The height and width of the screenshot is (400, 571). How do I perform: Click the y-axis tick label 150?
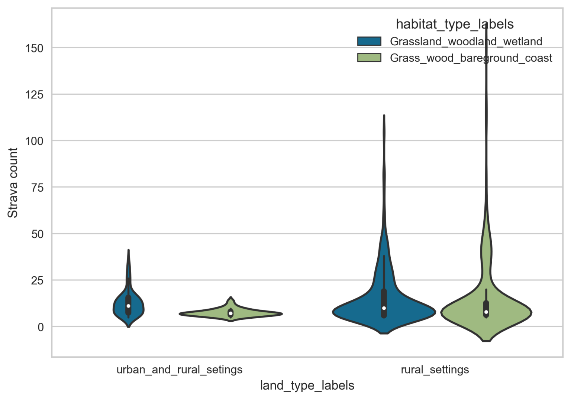tap(34, 48)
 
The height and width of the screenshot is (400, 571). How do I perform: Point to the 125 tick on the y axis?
tap(34, 95)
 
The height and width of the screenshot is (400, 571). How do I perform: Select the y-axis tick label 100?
tap(34, 141)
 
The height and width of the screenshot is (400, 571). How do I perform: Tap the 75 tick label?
tap(37, 188)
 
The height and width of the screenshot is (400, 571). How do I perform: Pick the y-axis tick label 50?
tap(37, 234)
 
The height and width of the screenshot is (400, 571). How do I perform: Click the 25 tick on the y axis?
tap(37, 280)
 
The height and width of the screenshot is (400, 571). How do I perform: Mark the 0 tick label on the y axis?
tap(41, 327)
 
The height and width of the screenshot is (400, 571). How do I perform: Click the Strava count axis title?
tap(13, 183)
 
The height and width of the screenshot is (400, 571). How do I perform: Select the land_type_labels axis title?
tap(307, 386)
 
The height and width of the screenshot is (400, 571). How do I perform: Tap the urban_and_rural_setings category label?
tap(180, 370)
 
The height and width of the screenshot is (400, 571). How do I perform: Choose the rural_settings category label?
tap(435, 370)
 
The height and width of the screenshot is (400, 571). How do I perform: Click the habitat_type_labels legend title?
tap(455, 24)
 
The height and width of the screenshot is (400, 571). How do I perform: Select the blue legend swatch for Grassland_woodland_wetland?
tap(369, 41)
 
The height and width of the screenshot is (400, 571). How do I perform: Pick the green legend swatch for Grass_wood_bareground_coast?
tap(369, 58)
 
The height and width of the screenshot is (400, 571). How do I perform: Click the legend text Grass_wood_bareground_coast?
tap(471, 58)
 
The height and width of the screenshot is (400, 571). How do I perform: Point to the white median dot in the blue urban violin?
tap(128, 306)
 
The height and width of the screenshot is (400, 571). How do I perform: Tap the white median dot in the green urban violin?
tap(230, 313)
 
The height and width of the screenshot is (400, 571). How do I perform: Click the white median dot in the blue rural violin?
tap(384, 308)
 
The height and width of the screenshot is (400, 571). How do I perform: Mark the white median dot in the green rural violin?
tap(486, 312)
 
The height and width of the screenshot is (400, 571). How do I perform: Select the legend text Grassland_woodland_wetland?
tap(466, 41)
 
